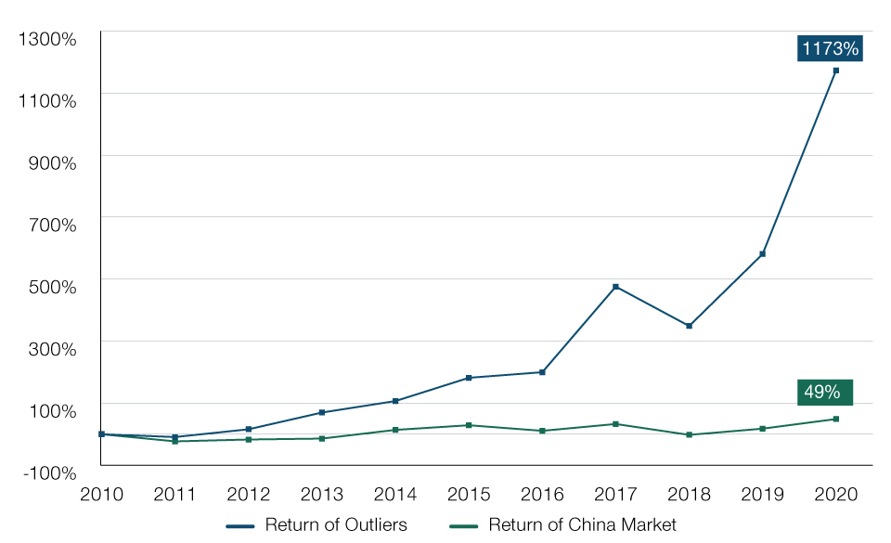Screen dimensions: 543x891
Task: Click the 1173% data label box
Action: pyautogui.click(x=830, y=48)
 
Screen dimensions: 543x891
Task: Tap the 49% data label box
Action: pyautogui.click(x=823, y=392)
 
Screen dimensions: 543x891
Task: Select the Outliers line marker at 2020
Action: pyautogui.click(x=835, y=71)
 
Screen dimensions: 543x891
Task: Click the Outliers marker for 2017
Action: pyautogui.click(x=615, y=287)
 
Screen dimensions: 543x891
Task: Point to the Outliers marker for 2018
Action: pyautogui.click(x=689, y=326)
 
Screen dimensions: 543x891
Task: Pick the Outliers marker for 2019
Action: pyautogui.click(x=762, y=254)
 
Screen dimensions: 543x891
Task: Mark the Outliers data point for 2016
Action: pyautogui.click(x=542, y=372)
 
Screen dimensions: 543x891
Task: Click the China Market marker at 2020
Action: pyautogui.click(x=835, y=419)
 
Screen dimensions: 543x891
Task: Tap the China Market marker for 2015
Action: pyautogui.click(x=469, y=425)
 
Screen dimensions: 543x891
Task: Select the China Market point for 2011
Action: pyautogui.click(x=174, y=441)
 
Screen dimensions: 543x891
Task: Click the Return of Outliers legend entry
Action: pyautogui.click(x=317, y=525)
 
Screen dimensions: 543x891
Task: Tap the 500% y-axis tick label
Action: pyautogui.click(x=50, y=287)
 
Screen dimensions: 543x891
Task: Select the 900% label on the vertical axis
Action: pyautogui.click(x=50, y=162)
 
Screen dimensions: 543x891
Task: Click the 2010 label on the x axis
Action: pyautogui.click(x=102, y=494)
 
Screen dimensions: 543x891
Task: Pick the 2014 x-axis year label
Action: pyautogui.click(x=395, y=494)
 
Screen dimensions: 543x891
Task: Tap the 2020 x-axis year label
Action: pyautogui.click(x=835, y=494)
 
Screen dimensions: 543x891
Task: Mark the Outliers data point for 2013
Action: pyautogui.click(x=322, y=412)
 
